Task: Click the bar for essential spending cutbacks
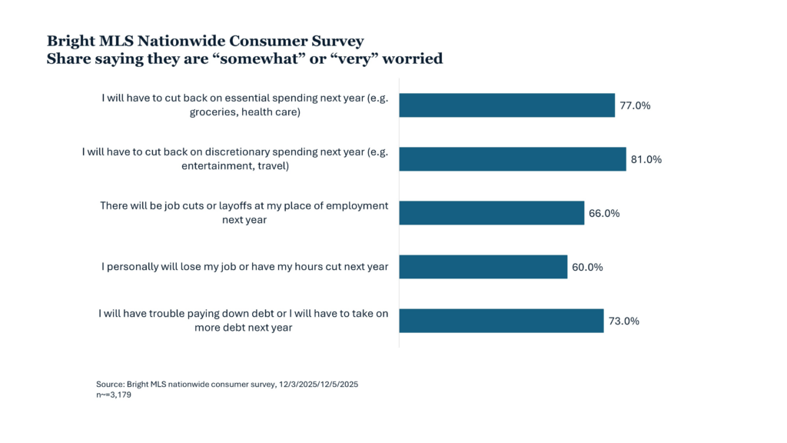[x=507, y=105]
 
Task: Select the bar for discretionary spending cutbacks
[x=513, y=159]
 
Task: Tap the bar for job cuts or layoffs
[x=492, y=213]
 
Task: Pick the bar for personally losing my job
[x=483, y=267]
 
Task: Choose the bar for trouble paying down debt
[x=501, y=321]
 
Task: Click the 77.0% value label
[x=636, y=106]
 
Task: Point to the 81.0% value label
[x=646, y=160]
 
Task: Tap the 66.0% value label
[x=605, y=214]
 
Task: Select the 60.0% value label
[x=587, y=268]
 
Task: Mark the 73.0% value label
[x=624, y=321]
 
